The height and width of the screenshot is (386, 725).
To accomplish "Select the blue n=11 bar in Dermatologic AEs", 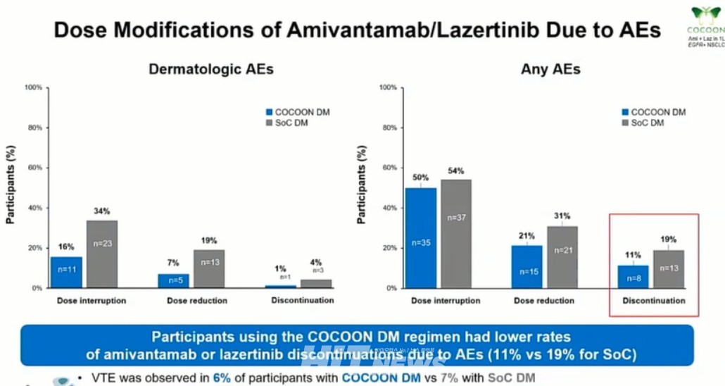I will (x=66, y=271).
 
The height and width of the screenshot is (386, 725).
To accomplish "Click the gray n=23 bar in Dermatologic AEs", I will (x=102, y=254).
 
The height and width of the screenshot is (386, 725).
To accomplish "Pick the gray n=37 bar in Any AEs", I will (x=455, y=233).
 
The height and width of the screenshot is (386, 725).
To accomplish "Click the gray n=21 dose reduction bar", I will (x=562, y=257).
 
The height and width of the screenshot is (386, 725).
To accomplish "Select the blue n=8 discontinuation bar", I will (x=633, y=276).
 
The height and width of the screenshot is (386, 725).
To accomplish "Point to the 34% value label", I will (x=102, y=211).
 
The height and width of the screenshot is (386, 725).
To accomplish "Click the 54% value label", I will (x=455, y=171).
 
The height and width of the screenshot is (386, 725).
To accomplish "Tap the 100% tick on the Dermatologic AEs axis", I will (x=34, y=88).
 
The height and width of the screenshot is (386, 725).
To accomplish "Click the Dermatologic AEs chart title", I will (x=210, y=69).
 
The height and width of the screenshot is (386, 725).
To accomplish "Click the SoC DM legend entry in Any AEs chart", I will (x=645, y=123).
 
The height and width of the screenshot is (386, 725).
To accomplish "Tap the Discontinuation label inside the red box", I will (x=654, y=301).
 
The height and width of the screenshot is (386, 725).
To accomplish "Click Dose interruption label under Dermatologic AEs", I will (x=92, y=301).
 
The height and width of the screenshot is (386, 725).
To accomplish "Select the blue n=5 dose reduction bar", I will (x=173, y=280).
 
